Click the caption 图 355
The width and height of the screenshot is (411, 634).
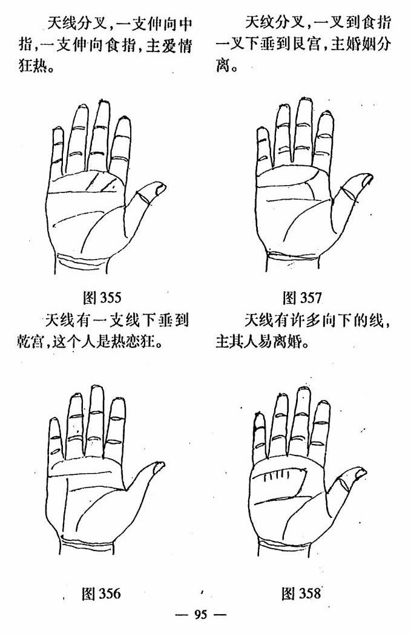[x=102, y=298]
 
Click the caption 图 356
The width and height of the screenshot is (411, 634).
[x=101, y=593]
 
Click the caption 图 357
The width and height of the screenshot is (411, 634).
[x=301, y=298]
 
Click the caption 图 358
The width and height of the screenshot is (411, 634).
[x=301, y=593]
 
